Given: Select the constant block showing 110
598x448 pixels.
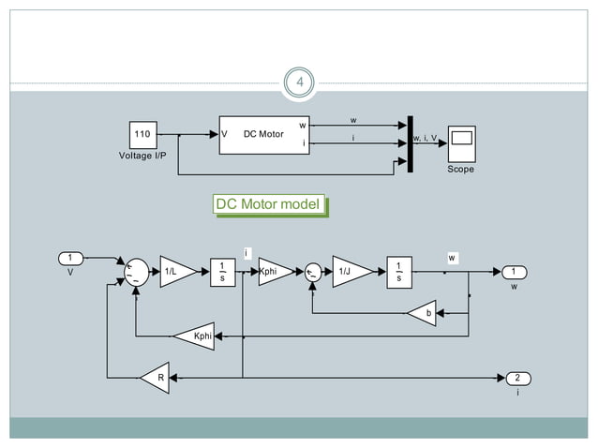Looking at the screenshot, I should tap(142, 134).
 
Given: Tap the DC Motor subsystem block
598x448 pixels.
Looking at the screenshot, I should tap(263, 134).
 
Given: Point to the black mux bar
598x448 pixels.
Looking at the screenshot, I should tap(409, 144).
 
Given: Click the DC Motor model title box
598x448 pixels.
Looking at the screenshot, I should tap(269, 204).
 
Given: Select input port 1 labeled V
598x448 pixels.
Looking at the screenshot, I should tap(70, 258).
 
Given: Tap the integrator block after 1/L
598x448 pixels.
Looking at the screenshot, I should tap(222, 271).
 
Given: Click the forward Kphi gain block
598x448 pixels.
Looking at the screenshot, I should tap(275, 271).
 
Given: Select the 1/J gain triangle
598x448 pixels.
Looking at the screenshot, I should tap(350, 271).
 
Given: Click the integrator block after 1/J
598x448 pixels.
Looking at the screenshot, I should tap(398, 271).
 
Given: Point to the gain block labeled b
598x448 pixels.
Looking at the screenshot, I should tap(423, 314).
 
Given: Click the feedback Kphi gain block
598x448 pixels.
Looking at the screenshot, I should tap(196, 335).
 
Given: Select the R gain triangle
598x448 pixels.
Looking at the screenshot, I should tap(155, 378).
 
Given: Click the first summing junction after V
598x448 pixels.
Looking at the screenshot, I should tap(137, 271).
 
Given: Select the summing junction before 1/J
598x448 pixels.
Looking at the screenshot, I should tap(314, 272).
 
